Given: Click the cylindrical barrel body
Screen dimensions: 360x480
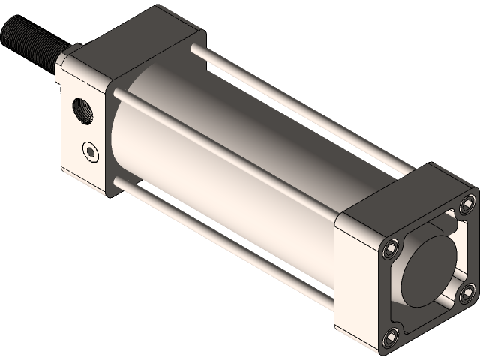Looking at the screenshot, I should [x=225, y=150].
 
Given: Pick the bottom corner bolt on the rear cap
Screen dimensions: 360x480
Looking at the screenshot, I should [x=389, y=337].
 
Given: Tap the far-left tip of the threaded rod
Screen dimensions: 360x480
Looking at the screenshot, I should [x=4, y=30].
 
